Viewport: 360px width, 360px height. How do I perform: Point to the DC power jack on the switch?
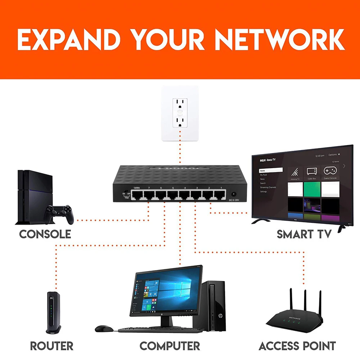[234, 194]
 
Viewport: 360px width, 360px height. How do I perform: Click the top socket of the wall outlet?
[180, 103]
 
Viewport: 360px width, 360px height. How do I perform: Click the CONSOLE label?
[45, 234]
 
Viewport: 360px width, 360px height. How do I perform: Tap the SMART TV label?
[304, 234]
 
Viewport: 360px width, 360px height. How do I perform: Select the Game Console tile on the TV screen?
[330, 172]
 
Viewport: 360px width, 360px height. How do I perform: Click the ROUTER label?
[52, 346]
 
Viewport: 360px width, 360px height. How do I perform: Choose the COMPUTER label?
[170, 346]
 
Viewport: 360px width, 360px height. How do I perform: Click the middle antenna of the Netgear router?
[305, 301]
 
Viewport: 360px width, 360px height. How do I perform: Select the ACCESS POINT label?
[297, 346]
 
